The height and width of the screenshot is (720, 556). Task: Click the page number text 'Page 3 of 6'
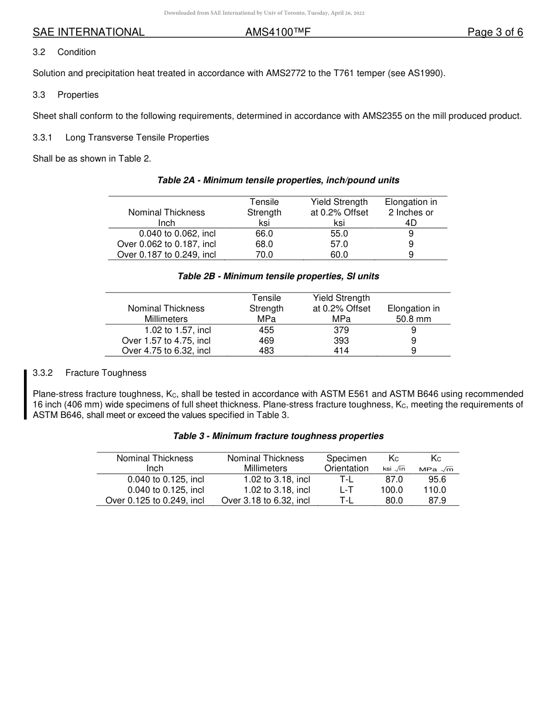(x=495, y=32)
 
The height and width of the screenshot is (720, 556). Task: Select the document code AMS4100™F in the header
(x=277, y=32)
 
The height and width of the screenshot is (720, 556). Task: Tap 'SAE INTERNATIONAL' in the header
(x=88, y=32)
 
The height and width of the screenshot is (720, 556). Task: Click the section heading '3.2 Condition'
(x=64, y=52)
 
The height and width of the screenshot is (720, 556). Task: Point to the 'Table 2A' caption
(x=278, y=180)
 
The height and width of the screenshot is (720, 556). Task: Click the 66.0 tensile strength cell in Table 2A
(x=264, y=234)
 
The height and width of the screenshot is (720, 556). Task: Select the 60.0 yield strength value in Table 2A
(x=339, y=255)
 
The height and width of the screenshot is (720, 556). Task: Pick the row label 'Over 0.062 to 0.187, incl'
(x=166, y=244)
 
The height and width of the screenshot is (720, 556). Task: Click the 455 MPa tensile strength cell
(x=266, y=330)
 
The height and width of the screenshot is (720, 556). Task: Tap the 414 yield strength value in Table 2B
(x=341, y=351)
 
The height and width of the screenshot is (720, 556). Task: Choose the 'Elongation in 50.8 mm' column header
(x=413, y=314)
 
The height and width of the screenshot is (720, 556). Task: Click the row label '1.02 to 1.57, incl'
(x=177, y=330)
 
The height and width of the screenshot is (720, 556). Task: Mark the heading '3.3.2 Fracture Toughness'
(x=90, y=373)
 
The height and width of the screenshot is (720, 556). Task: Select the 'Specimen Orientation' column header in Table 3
(x=346, y=463)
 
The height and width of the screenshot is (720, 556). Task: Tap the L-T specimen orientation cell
(x=346, y=490)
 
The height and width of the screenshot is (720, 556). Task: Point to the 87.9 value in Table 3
(x=437, y=500)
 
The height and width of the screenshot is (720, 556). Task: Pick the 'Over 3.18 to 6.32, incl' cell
(x=265, y=500)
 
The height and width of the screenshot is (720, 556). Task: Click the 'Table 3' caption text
(x=278, y=436)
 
